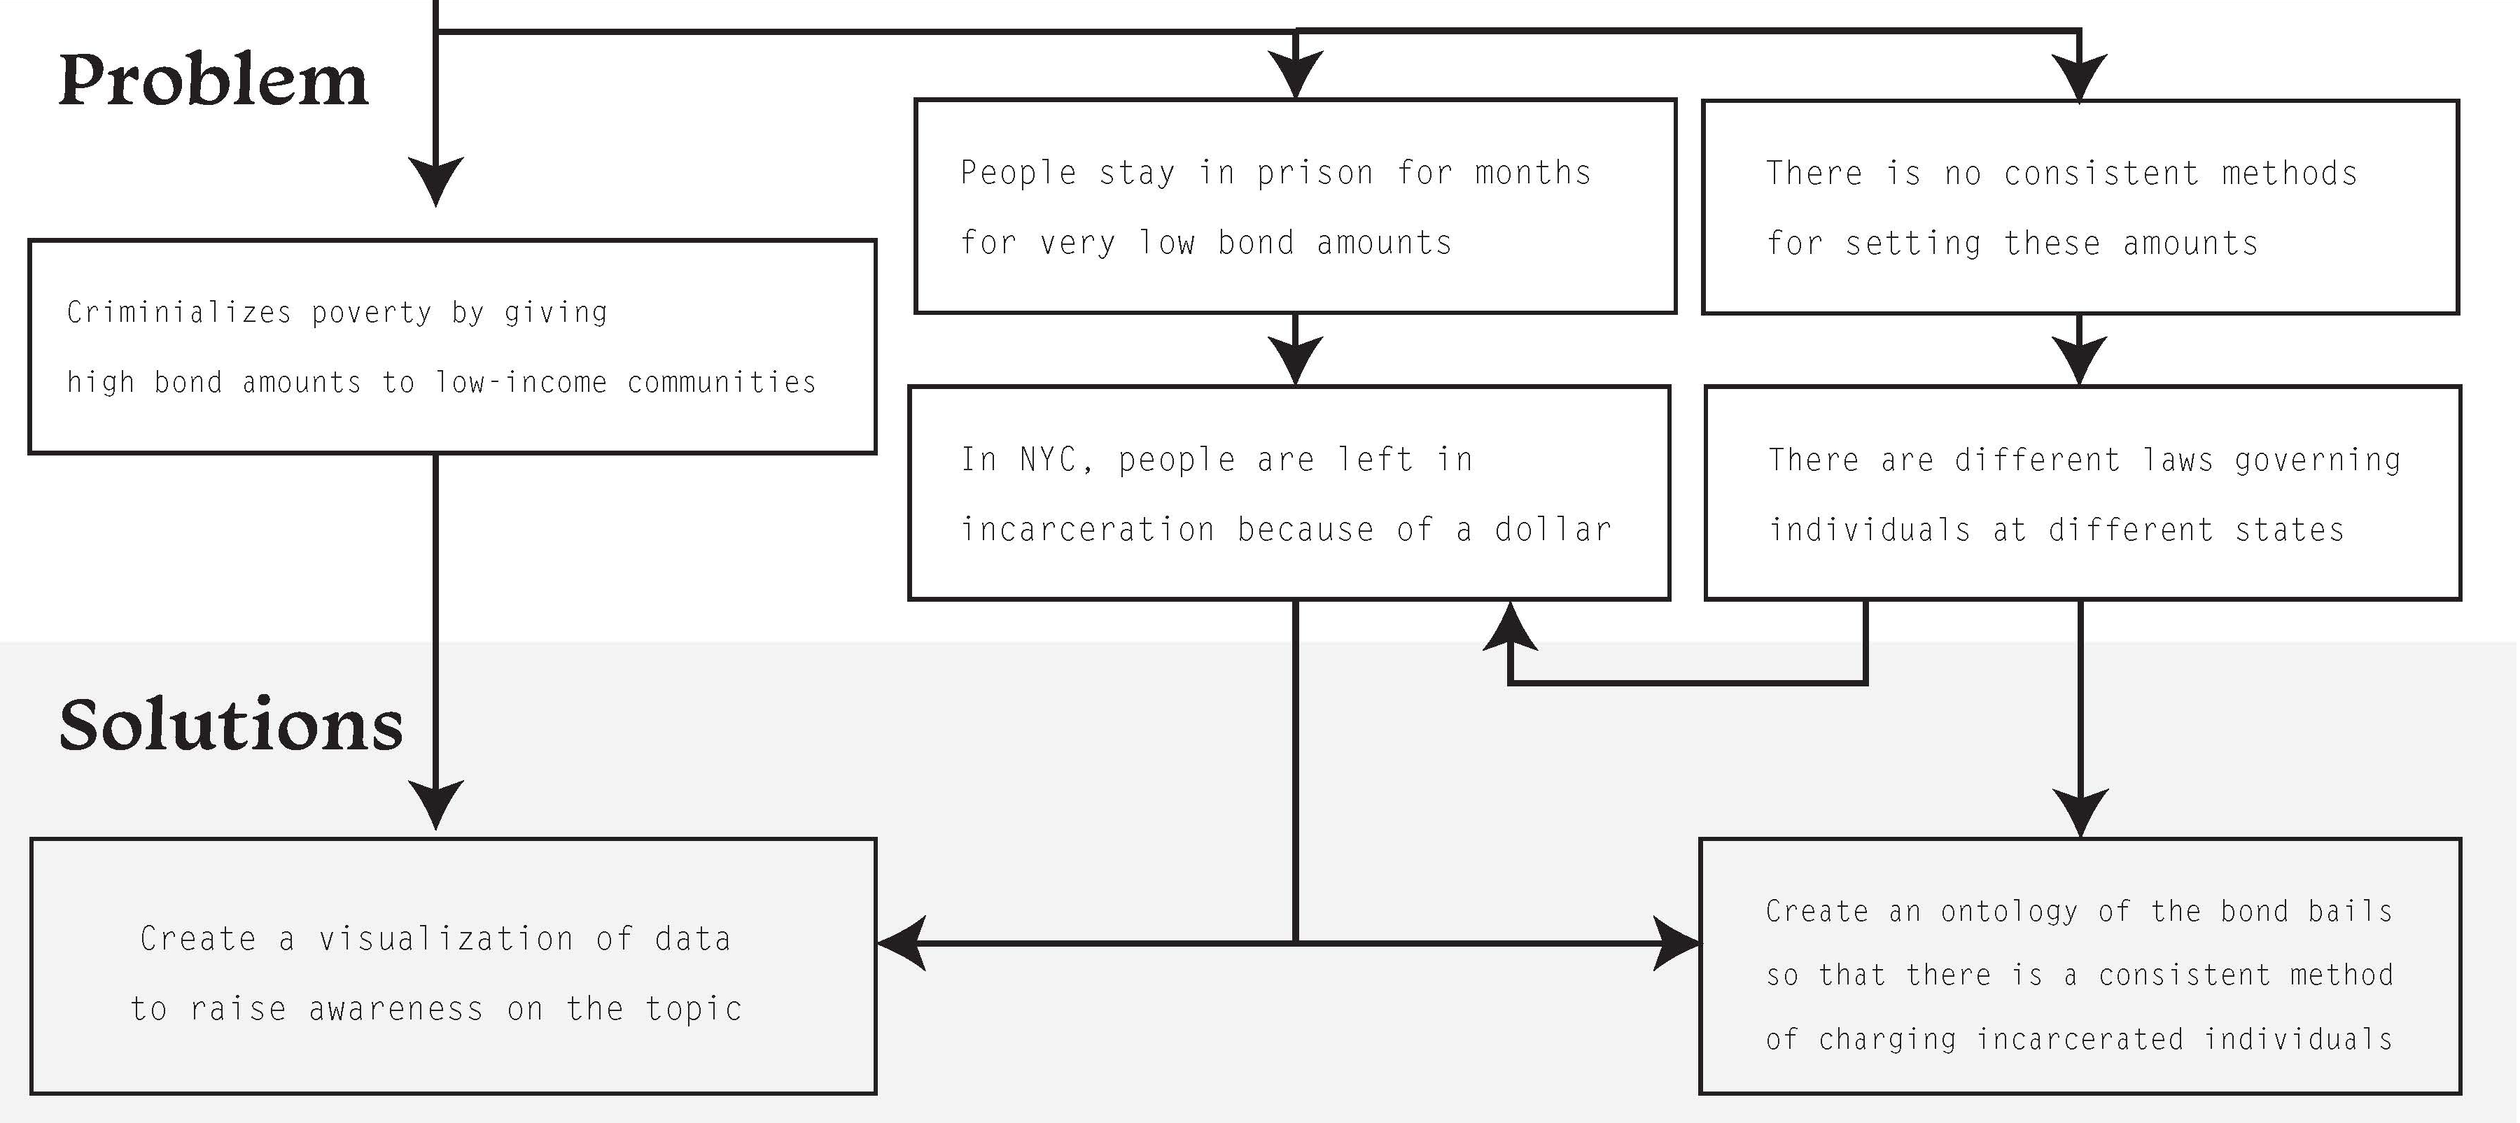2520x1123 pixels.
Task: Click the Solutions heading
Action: tap(231, 725)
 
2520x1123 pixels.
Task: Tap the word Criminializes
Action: tap(179, 312)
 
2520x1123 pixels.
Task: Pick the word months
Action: tap(1533, 173)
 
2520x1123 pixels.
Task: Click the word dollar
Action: tap(1553, 529)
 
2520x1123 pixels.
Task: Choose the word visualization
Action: tap(446, 939)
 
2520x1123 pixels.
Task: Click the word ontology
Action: tap(2009, 912)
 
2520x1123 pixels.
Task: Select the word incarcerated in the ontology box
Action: tap(2080, 1039)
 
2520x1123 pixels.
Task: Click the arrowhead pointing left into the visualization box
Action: tap(901, 944)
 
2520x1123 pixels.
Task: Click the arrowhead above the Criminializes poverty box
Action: tap(435, 182)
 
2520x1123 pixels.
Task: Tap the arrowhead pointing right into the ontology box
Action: tap(1676, 944)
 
